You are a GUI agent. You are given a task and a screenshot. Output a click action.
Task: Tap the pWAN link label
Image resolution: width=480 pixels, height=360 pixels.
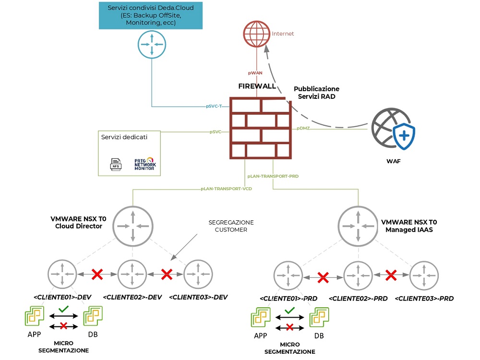pos(255,73)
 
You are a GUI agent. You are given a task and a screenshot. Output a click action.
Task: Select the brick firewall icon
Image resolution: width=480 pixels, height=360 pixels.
pos(260,128)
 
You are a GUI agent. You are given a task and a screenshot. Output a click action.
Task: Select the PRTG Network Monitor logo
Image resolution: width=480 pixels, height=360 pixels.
pos(144,164)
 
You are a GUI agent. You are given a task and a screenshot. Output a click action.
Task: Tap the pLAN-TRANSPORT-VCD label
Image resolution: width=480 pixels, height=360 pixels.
pos(226,189)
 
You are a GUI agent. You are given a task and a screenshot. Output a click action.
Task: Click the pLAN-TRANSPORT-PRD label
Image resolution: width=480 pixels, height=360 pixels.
pos(273,177)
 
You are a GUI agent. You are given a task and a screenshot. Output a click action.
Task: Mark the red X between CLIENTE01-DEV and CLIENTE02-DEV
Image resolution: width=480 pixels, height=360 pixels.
pos(97,275)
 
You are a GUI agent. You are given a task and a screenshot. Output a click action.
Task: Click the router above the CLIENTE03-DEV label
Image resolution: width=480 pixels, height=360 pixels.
pos(198,274)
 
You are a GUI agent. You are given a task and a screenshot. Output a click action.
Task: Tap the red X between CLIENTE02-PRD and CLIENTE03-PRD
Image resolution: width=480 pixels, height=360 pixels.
pos(391,276)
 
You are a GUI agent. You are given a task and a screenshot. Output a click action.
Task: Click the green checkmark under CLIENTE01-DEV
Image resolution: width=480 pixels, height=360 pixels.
pos(62,309)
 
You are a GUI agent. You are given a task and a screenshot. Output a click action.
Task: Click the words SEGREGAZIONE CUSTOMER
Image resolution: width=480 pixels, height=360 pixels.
pos(231,227)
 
